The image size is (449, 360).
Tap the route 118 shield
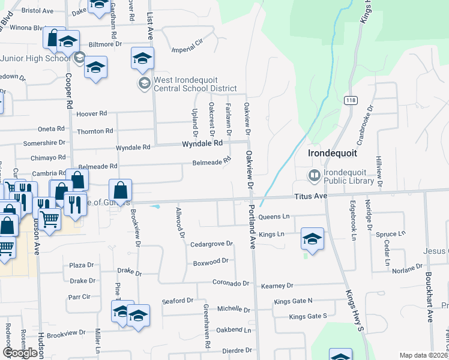tap(349, 100)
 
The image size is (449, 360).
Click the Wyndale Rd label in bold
tap(202, 143)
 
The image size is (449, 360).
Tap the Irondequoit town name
tap(333, 153)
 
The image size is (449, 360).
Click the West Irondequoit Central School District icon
tap(144, 83)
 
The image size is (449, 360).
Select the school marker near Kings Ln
tap(312, 238)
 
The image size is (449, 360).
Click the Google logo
tap(20, 353)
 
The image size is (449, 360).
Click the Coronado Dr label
tap(231, 283)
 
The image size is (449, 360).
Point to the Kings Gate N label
tap(293, 301)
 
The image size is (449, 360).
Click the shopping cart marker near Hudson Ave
tap(50, 220)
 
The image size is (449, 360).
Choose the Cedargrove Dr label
tap(211, 244)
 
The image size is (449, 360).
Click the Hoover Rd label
tap(92, 113)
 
